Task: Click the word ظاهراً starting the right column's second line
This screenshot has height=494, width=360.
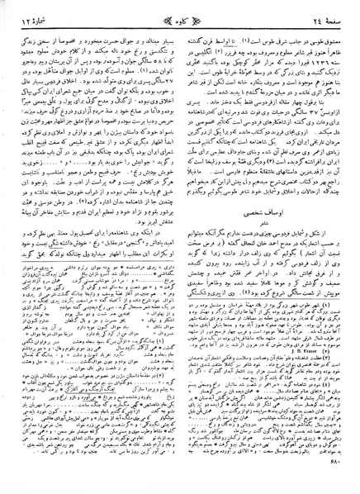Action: pyautogui.click(x=334, y=39)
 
